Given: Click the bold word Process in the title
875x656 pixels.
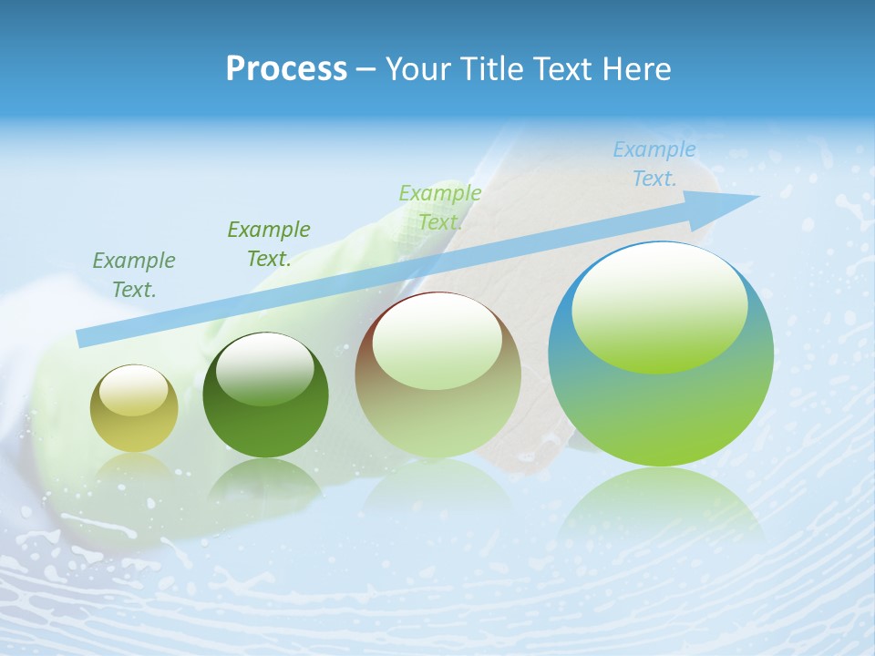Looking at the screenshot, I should (286, 69).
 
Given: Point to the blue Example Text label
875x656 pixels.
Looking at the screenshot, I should (654, 164).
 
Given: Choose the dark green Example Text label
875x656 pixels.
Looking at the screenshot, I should (269, 244).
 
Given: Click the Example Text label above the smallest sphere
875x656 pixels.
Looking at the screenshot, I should (134, 275).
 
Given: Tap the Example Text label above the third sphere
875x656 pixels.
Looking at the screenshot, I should (440, 208).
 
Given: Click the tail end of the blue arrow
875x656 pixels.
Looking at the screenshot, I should (84, 338).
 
